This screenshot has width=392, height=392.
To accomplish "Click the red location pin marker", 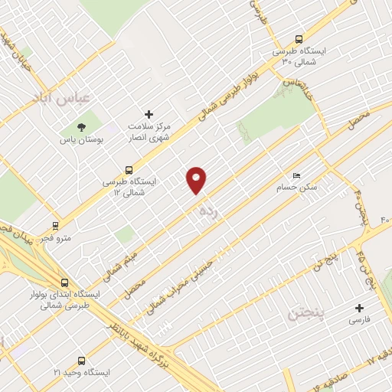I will pyautogui.click(x=197, y=179).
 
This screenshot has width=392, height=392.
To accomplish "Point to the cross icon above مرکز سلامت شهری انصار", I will pyautogui.click(x=149, y=113).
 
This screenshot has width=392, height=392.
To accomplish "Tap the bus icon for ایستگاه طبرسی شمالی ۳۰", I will pyautogui.click(x=299, y=39).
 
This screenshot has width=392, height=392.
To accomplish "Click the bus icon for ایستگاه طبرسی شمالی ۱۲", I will pyautogui.click(x=129, y=170).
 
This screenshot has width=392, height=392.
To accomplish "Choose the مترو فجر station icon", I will pyautogui.click(x=54, y=226).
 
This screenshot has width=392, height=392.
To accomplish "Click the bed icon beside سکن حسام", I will pyautogui.click(x=296, y=175).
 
